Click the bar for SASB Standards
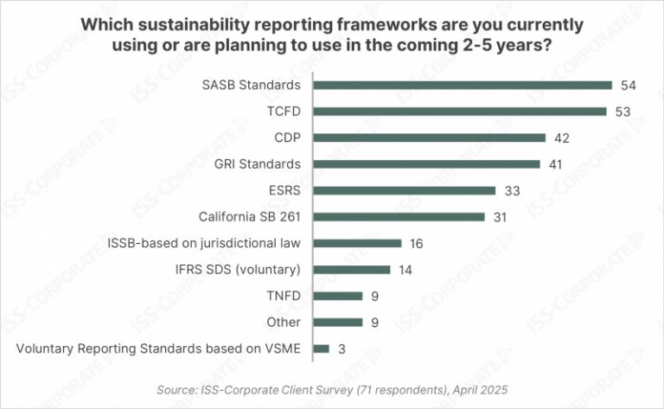click(x=463, y=85)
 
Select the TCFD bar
click(x=459, y=111)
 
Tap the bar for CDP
click(x=429, y=137)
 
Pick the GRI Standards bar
click(x=426, y=163)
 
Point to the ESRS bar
click(x=404, y=190)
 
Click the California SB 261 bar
click(x=399, y=217)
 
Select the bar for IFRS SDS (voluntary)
click(x=352, y=270)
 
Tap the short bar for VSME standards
click(x=321, y=348)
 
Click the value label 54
click(x=629, y=85)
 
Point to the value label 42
click(x=562, y=137)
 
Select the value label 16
click(x=417, y=243)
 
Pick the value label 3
click(x=341, y=348)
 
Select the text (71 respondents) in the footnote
click(x=381, y=388)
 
